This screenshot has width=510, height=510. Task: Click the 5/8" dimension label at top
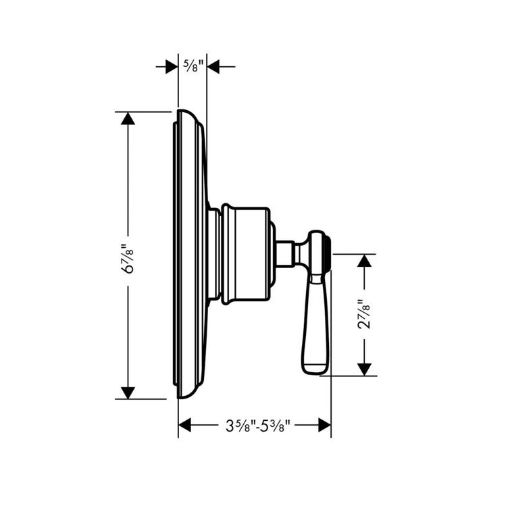(193, 66)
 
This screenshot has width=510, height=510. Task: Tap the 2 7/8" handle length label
(364, 315)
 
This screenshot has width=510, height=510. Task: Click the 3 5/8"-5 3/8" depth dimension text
(254, 426)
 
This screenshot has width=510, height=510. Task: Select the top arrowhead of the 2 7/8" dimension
(364, 261)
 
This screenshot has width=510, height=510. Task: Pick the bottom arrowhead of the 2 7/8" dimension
(364, 369)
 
